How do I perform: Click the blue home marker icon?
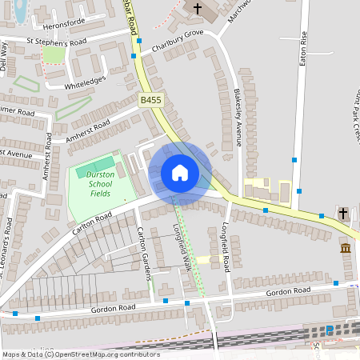tap(180, 173)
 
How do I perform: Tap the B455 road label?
tap(150, 100)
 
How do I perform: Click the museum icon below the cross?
tap(346, 250)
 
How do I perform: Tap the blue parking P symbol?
tap(329, 330)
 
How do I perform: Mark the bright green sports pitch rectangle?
tap(95, 167)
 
